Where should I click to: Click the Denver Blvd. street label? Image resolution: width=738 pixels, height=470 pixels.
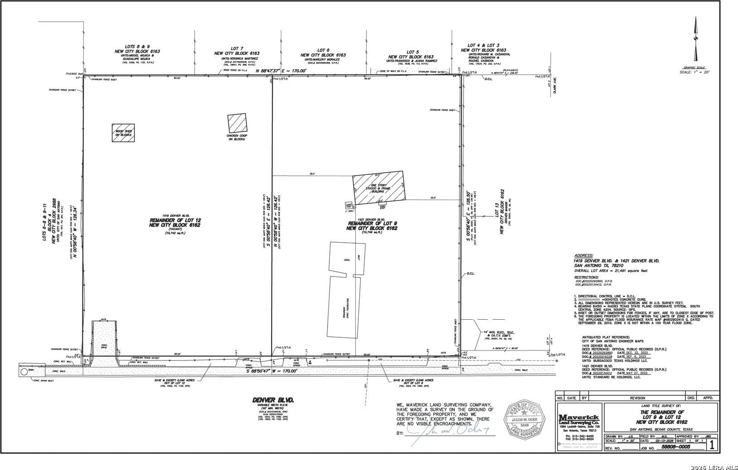coord(273,400)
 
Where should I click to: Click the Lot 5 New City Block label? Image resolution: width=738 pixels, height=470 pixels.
coord(411,54)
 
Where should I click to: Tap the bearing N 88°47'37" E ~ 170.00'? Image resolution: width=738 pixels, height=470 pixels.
coord(281,71)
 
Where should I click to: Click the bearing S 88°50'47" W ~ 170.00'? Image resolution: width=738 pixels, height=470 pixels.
coord(272,370)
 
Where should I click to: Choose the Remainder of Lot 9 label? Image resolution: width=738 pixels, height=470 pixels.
coord(372,226)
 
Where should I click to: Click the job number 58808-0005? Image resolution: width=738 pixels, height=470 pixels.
coord(675,446)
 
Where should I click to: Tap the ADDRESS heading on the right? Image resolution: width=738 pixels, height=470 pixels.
coord(583,256)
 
